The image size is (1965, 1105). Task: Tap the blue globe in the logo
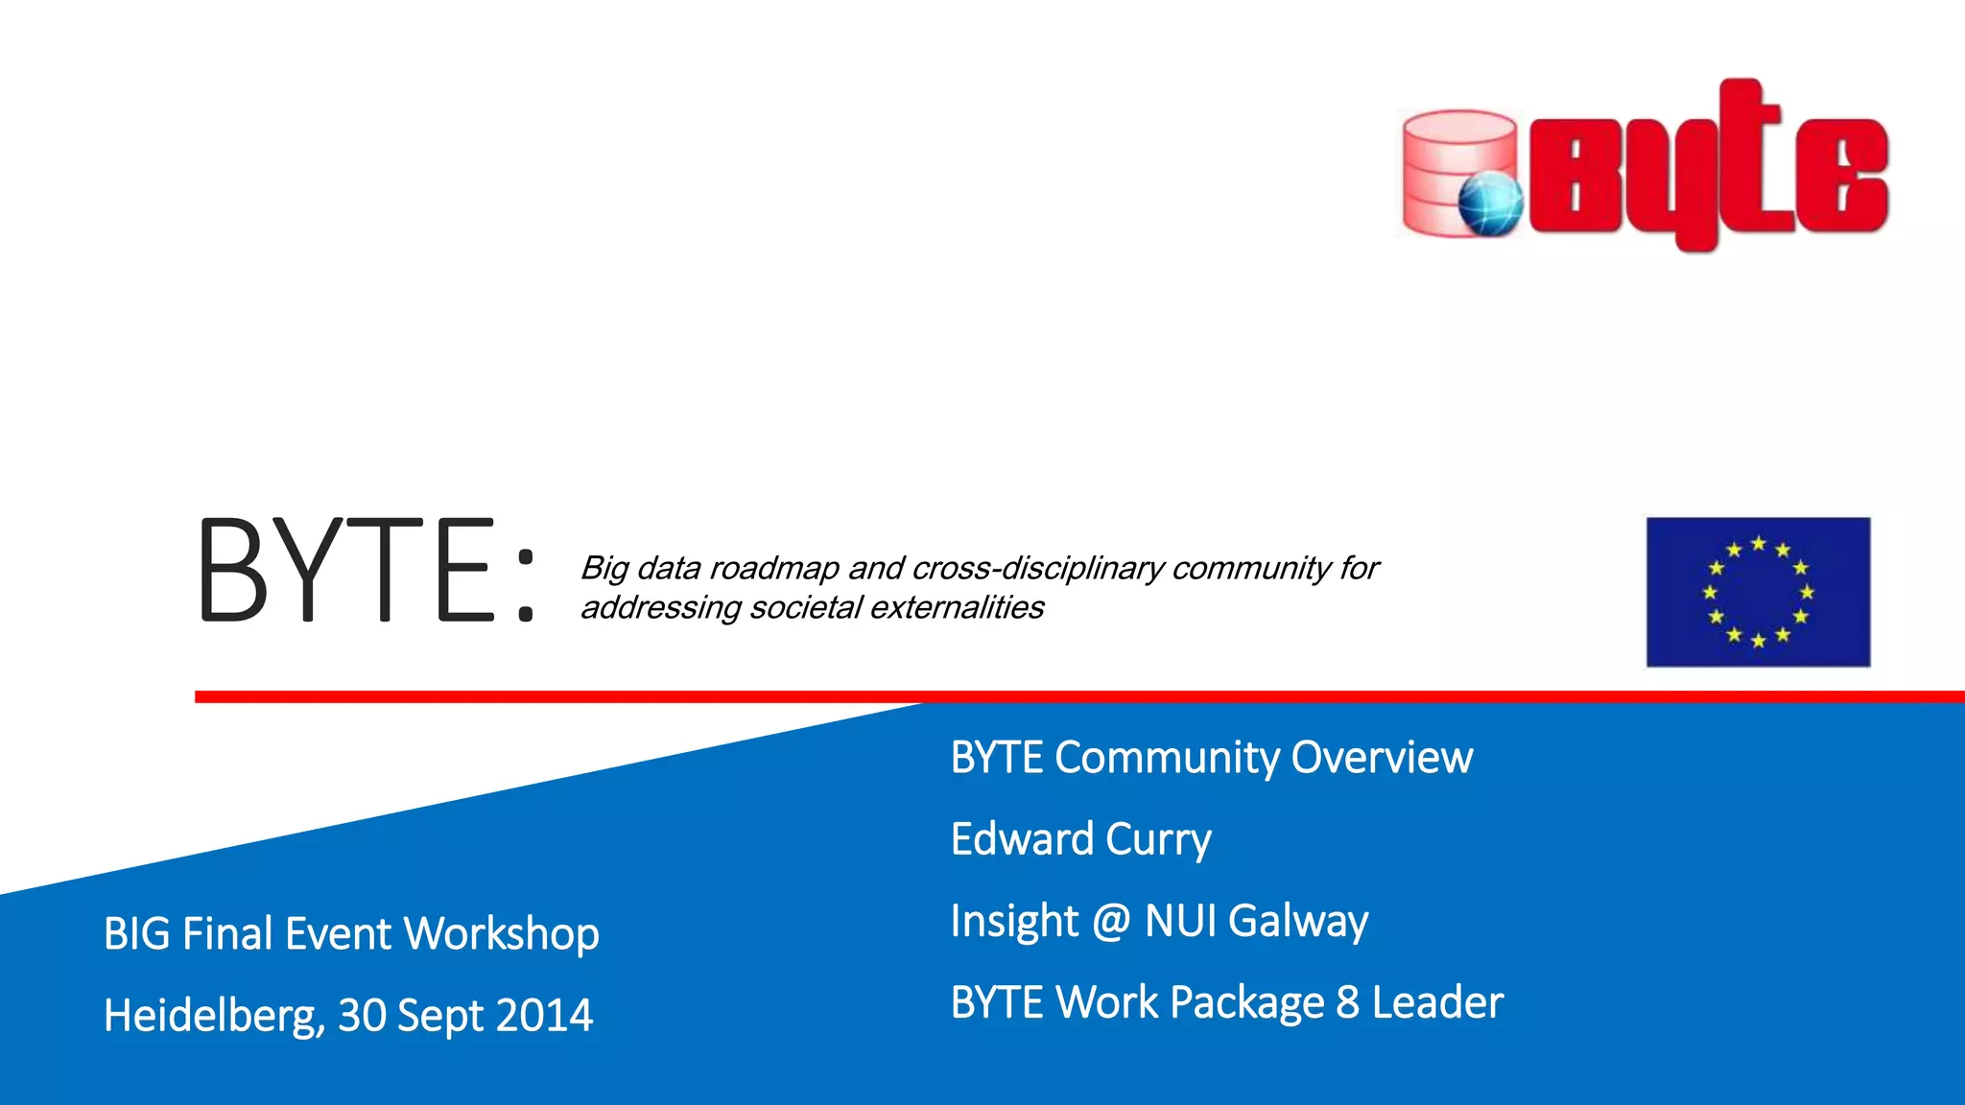point(1490,203)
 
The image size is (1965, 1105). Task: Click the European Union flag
point(1758,592)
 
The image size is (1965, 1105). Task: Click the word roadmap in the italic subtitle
point(774,569)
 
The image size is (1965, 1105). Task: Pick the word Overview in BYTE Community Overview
point(1381,758)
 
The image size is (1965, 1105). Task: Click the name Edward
point(1021,839)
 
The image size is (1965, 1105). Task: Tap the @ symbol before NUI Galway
point(1111,922)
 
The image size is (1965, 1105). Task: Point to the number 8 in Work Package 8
point(1347,1002)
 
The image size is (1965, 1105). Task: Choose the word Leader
point(1437,1002)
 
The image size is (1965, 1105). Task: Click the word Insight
point(1014,922)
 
